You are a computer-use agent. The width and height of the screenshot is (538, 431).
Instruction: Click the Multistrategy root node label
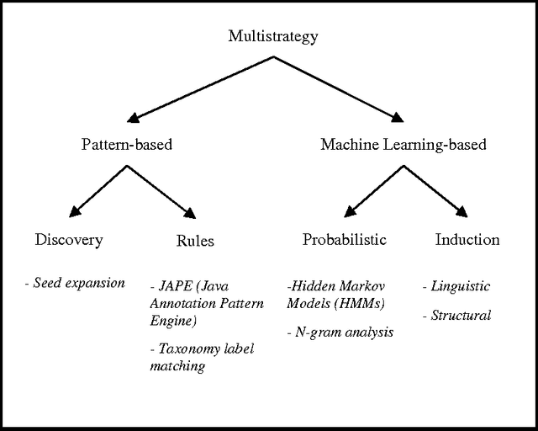pyautogui.click(x=273, y=36)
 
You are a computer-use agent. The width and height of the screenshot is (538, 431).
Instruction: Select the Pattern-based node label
pyautogui.click(x=126, y=145)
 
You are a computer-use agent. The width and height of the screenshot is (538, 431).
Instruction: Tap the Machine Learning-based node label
pyautogui.click(x=403, y=145)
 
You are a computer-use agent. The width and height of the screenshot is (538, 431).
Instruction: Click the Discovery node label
pyautogui.click(x=69, y=240)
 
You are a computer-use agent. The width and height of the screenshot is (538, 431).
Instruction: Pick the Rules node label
pyautogui.click(x=195, y=242)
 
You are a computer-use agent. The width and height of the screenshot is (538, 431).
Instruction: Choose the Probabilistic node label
pyautogui.click(x=344, y=240)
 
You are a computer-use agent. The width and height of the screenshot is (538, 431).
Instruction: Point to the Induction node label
pyautogui.click(x=467, y=240)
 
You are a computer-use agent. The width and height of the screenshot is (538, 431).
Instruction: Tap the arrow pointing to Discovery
pyautogui.click(x=99, y=190)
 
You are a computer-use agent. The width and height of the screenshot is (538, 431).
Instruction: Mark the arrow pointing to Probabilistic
pyautogui.click(x=374, y=189)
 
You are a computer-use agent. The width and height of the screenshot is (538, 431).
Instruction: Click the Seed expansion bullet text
pyautogui.click(x=75, y=283)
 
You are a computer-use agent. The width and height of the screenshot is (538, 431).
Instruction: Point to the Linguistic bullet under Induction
pyautogui.click(x=456, y=286)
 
